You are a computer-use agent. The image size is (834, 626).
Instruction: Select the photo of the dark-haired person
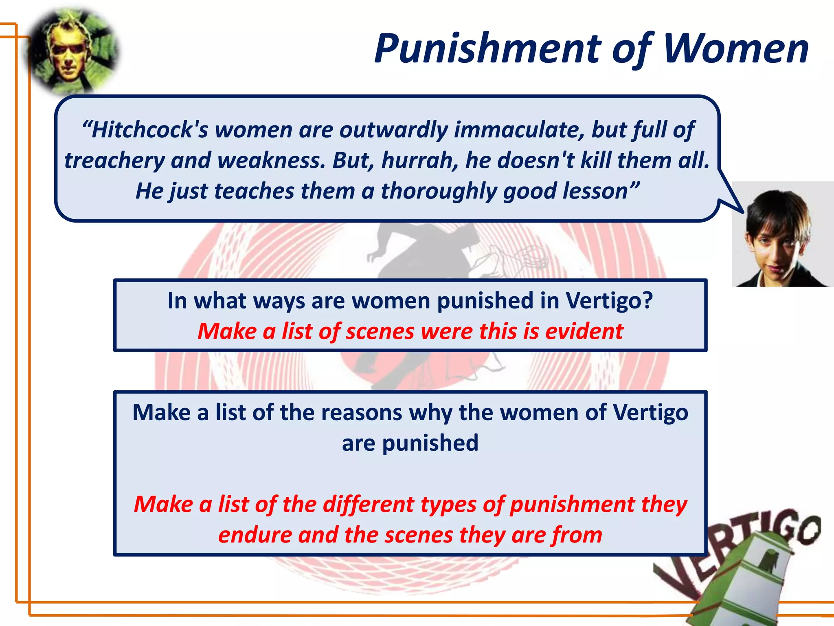tap(782, 234)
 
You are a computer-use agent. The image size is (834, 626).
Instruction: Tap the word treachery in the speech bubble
tap(114, 160)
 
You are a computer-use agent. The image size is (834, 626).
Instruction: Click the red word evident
tap(584, 331)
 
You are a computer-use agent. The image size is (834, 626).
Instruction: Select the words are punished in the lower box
tap(410, 443)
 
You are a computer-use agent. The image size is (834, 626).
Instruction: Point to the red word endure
tap(255, 535)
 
